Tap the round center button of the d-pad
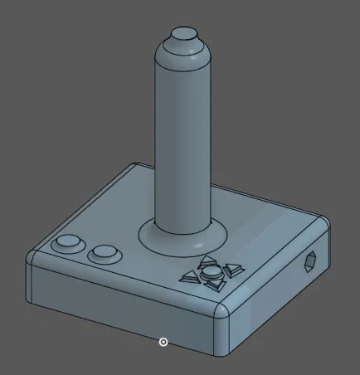[x=212, y=271]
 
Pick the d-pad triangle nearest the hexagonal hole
[x=233, y=268]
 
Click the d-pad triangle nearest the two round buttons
[x=190, y=276]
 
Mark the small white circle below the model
[x=163, y=341]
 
